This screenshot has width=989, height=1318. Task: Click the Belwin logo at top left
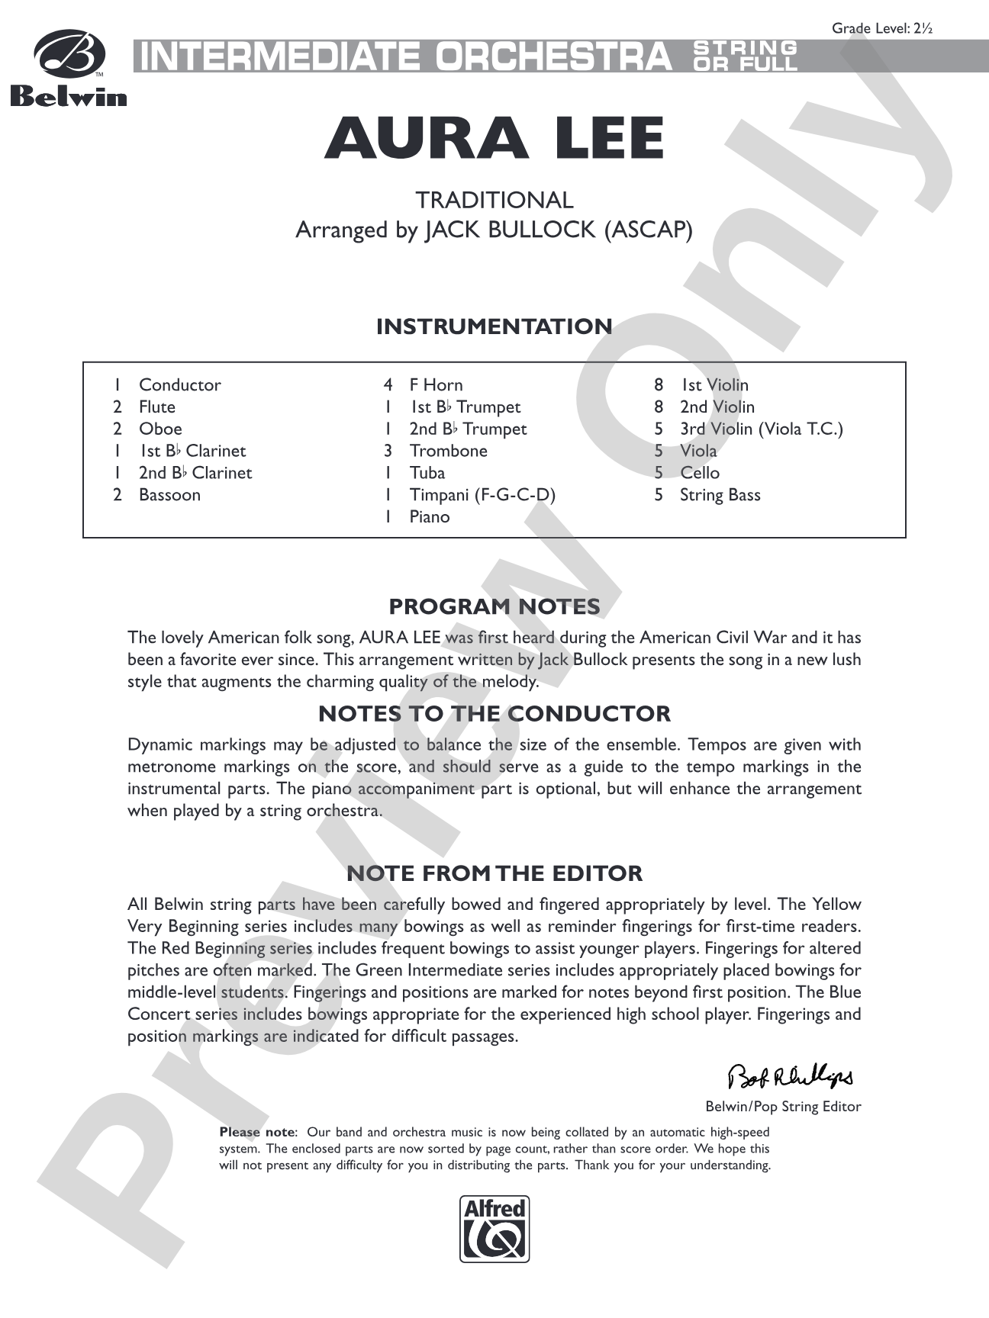(69, 69)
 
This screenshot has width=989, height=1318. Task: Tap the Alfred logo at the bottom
(494, 1228)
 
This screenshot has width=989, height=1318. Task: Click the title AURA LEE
(494, 139)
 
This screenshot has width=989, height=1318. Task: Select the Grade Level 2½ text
(882, 29)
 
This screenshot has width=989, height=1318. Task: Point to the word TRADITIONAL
(494, 200)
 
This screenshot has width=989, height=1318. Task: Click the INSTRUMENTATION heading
(494, 326)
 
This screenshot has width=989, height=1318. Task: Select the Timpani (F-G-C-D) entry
(482, 495)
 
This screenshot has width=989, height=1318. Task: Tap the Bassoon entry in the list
(169, 495)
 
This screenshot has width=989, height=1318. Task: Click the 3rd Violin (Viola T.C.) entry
(761, 429)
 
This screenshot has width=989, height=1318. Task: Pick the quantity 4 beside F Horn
(388, 385)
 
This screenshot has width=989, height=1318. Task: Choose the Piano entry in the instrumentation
(430, 517)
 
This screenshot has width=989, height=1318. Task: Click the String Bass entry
(720, 495)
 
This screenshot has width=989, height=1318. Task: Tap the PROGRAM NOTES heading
(494, 607)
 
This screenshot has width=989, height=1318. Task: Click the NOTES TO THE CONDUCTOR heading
(494, 714)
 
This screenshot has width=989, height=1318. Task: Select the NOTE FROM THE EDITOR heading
(494, 873)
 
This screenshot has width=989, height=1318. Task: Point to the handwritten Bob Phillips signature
(791, 1076)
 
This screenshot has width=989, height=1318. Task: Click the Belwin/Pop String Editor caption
(783, 1106)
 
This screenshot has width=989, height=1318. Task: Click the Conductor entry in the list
(179, 385)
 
